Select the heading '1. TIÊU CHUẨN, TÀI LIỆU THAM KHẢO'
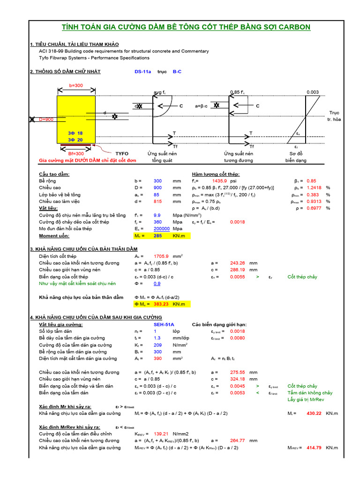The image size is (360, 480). tap(75, 44)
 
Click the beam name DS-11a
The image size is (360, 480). tap(143, 72)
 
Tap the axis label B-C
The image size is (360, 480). tap(178, 72)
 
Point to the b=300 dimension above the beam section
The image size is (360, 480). tap(75, 86)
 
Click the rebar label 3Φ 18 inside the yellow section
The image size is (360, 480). tap(75, 133)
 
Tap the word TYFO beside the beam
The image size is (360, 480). tap(121, 153)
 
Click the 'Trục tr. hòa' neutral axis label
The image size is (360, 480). tap(334, 116)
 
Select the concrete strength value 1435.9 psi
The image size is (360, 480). tap(219, 180)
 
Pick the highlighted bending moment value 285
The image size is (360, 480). tap(157, 236)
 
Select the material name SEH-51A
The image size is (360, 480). tap(164, 324)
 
